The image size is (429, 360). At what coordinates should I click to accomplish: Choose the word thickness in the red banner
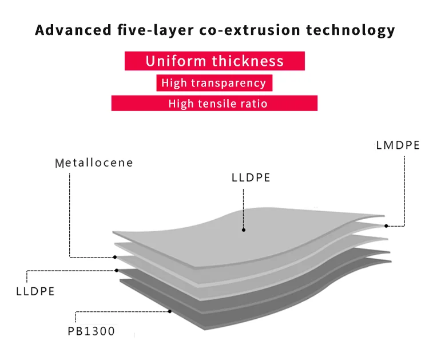click(248, 61)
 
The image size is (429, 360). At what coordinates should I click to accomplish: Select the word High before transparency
click(173, 83)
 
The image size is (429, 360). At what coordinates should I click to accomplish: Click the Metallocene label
click(94, 163)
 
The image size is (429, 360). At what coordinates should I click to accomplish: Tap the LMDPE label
click(398, 145)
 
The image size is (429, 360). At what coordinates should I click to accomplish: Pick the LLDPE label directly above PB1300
click(35, 291)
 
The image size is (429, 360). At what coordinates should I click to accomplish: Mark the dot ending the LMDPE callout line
click(386, 226)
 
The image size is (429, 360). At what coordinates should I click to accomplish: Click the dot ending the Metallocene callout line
click(115, 257)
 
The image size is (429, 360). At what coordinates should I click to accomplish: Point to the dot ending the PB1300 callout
click(170, 311)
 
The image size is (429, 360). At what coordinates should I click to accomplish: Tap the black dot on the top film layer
click(244, 230)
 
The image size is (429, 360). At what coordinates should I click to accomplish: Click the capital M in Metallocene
click(59, 164)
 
